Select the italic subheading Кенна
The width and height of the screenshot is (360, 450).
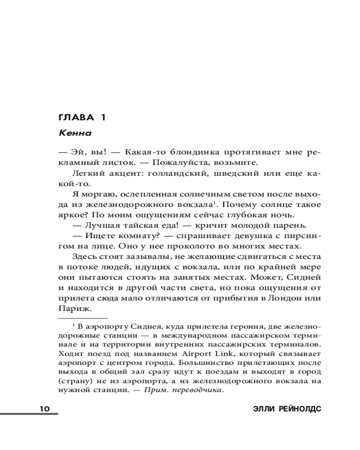(x=75, y=133)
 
